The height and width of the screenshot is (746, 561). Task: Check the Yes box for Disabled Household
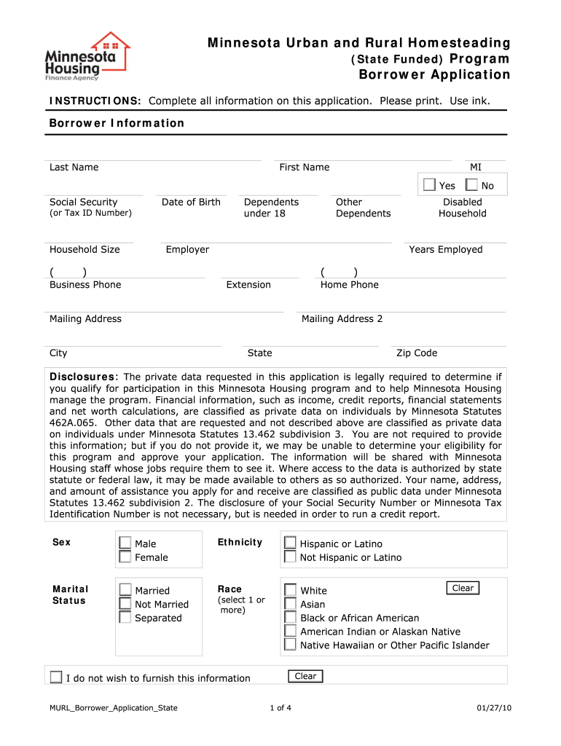[429, 186]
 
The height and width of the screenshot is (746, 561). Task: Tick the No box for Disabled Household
[472, 186]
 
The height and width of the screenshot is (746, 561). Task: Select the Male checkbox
[125, 543]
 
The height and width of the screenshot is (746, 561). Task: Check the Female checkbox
[125, 557]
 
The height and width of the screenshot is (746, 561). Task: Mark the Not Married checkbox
[125, 604]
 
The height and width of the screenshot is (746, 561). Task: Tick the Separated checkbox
[125, 618]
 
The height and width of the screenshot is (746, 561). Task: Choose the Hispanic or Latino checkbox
[290, 543]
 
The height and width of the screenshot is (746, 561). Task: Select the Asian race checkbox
[290, 604]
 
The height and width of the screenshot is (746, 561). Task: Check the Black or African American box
[290, 618]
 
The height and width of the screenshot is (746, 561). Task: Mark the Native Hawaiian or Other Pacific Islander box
[290, 645]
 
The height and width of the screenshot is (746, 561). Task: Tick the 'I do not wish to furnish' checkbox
[56, 678]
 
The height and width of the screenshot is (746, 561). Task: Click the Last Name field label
[74, 168]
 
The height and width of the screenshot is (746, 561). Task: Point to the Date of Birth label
[191, 203]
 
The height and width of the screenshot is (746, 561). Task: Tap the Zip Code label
[417, 353]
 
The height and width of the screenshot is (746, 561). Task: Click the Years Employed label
[445, 250]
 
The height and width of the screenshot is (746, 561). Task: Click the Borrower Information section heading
[117, 123]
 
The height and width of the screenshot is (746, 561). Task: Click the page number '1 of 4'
[280, 708]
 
